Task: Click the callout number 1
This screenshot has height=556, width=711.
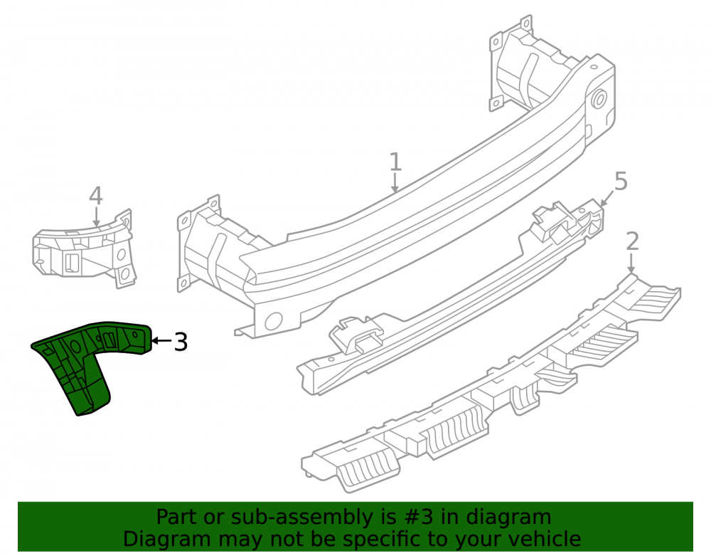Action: point(395,162)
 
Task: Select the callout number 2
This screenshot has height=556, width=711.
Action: point(633,241)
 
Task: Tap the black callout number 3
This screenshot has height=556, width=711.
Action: point(181,342)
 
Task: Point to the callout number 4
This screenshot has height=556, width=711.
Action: point(96,196)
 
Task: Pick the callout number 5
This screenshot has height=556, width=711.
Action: point(621,181)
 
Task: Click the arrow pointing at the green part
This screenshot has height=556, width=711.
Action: point(161,340)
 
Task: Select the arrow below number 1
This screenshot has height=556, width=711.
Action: point(395,183)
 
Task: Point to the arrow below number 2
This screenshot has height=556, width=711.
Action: point(631,263)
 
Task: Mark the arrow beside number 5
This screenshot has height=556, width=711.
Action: point(607,198)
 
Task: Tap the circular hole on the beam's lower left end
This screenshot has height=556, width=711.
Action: point(274,321)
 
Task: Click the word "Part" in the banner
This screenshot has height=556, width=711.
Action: point(176,517)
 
